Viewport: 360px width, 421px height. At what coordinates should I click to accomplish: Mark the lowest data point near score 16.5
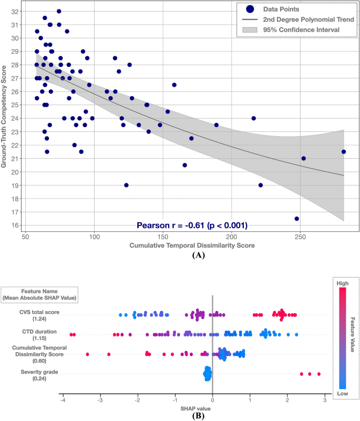click(x=296, y=219)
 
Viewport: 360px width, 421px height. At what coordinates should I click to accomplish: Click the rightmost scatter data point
click(x=344, y=151)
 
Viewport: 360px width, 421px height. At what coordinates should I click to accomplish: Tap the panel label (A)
click(x=198, y=255)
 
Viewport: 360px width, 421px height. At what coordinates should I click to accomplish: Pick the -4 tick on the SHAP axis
click(x=63, y=400)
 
